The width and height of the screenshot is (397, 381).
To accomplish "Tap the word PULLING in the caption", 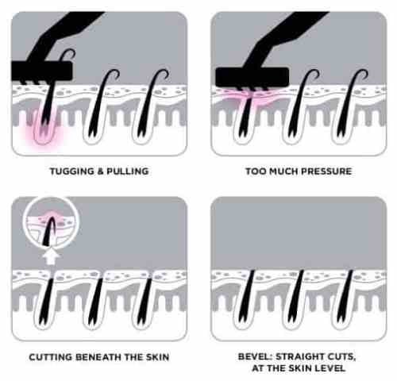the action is coord(128,171).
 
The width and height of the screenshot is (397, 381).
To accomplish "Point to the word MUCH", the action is coord(283,171).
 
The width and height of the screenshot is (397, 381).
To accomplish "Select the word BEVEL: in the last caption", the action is coord(255,356).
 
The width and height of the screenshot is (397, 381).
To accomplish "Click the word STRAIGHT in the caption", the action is coord(299,356).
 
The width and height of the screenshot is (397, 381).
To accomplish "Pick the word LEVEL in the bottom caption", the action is coord(330,368).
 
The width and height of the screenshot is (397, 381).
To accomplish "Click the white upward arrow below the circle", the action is coord(52,256).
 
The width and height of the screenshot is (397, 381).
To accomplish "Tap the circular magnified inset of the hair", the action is coord(51,224).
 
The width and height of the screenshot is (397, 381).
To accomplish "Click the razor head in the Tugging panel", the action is coord(41,71).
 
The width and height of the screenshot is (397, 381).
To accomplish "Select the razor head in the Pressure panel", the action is coord(252,77).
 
